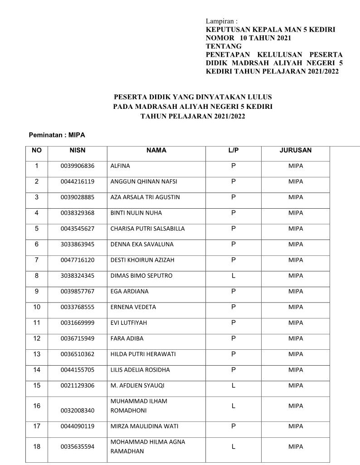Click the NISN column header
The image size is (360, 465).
(x=78, y=151)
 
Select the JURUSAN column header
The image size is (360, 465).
(x=296, y=151)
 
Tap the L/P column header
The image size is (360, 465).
(x=234, y=151)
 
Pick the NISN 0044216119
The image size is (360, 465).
(x=78, y=182)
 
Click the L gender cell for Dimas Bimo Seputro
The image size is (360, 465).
(x=234, y=276)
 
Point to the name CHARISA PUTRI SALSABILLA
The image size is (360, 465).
(x=147, y=229)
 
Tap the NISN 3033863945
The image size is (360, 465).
(x=78, y=245)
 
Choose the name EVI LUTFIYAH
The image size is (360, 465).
(x=129, y=323)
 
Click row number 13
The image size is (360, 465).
(x=37, y=354)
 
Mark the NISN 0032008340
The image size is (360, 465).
(x=78, y=411)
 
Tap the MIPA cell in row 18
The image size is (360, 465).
(x=296, y=447)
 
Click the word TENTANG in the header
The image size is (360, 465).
(x=224, y=46)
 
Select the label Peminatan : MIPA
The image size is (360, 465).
(x=57, y=135)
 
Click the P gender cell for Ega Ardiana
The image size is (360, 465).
(x=234, y=291)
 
